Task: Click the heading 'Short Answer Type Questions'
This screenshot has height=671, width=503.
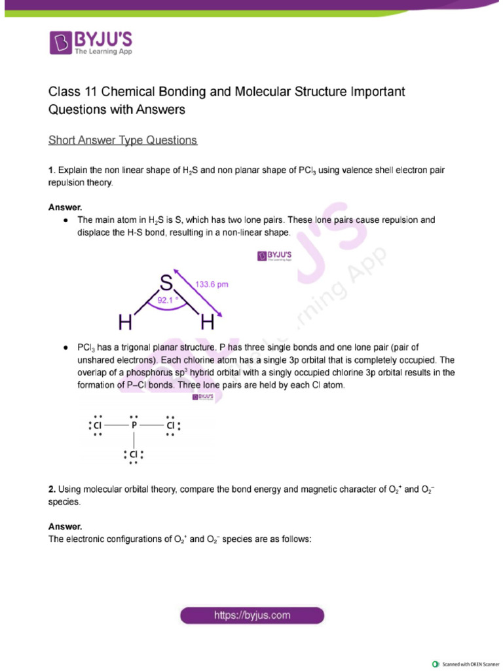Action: (x=122, y=140)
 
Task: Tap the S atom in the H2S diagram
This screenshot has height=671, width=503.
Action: (x=166, y=283)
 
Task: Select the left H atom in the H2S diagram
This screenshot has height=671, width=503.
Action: (x=126, y=322)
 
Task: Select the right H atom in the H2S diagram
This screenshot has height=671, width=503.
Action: (x=208, y=322)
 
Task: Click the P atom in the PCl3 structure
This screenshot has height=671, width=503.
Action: (x=134, y=425)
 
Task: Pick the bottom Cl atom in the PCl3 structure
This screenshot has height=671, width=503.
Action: (x=134, y=454)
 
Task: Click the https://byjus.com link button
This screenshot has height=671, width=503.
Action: (x=252, y=615)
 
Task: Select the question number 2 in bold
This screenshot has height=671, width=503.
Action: (x=52, y=489)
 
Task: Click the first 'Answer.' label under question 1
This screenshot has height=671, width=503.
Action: (x=65, y=207)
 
